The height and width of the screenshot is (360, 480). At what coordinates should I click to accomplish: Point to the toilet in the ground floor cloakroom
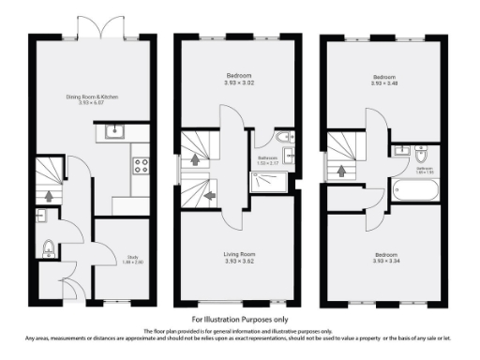coord(49,248)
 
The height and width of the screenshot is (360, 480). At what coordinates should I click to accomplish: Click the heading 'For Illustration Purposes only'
coord(239,320)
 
